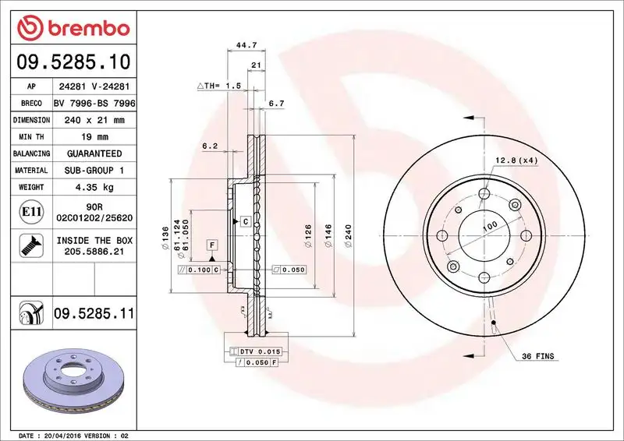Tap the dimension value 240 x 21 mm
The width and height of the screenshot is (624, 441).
point(94,120)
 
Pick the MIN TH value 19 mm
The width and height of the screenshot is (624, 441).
point(94,137)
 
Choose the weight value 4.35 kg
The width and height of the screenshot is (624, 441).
point(94,187)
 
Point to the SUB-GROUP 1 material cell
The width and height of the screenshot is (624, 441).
point(94,170)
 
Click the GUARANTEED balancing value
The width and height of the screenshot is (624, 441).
point(94,153)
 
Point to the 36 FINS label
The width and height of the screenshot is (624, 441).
point(538,356)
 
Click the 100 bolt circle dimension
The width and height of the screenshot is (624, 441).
point(489,227)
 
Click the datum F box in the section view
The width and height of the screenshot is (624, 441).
point(211,245)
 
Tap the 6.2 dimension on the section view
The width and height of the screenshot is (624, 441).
point(208,146)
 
